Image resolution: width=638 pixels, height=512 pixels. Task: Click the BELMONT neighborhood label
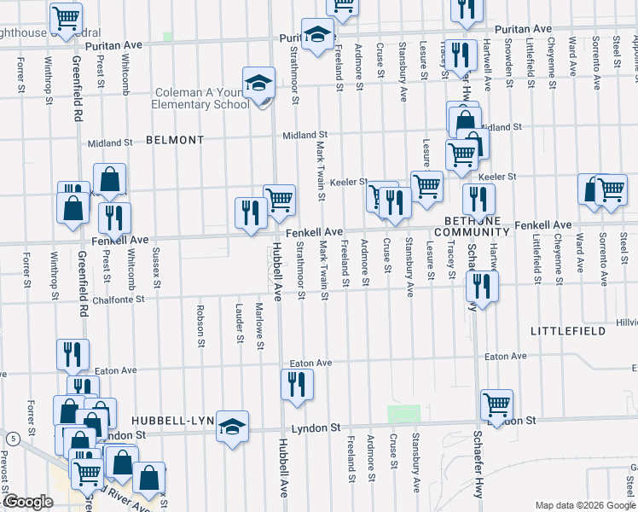(x=175, y=139)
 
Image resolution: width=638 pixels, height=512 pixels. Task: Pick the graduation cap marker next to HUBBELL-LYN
(x=232, y=427)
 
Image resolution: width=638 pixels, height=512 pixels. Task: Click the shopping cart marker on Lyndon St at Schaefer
(x=496, y=404)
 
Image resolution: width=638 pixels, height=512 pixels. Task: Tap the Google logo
(x=27, y=502)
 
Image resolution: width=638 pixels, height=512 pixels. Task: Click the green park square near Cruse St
(x=397, y=414)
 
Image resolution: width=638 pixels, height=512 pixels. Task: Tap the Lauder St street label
(x=238, y=323)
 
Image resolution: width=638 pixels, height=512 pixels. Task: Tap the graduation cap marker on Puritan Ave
(x=317, y=35)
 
